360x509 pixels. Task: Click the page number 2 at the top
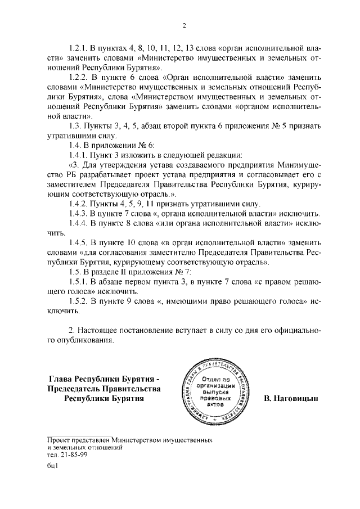pyautogui.click(x=184, y=25)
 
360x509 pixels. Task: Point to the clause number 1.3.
pyautogui.click(x=74, y=125)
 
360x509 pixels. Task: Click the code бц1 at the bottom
pyautogui.click(x=53, y=465)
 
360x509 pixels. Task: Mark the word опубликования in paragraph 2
pyautogui.click(x=85, y=340)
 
